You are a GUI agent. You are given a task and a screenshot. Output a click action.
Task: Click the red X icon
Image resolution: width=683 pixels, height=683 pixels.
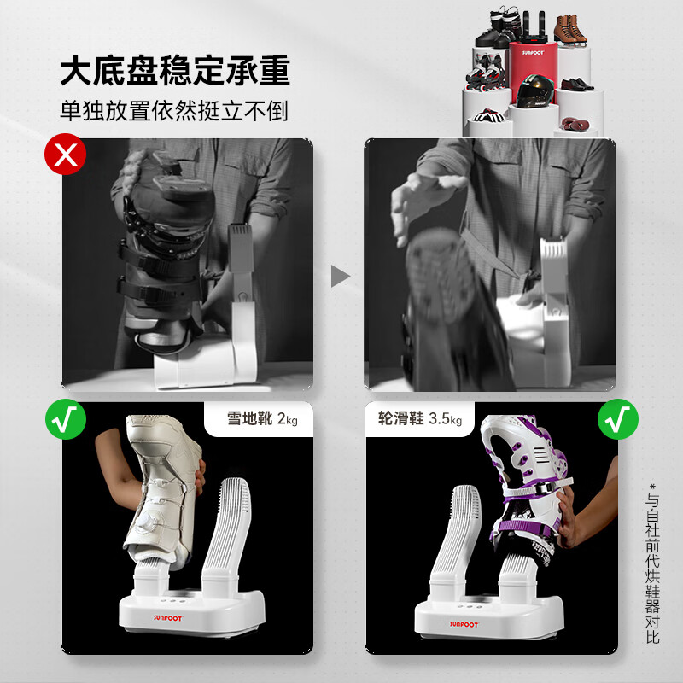coord(66,155)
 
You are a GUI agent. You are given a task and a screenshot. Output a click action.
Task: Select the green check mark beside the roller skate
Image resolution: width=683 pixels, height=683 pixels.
coord(619,418)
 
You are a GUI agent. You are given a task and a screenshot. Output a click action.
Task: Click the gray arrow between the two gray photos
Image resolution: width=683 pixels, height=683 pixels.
coord(341,276)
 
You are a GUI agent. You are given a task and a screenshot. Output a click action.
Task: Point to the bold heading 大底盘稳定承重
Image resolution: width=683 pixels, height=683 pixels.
coord(175,72)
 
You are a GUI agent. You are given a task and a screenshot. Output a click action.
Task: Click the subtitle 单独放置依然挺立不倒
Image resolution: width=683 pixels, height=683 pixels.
coord(174,111)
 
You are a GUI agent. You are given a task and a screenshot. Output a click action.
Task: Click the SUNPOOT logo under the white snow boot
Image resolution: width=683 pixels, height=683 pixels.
coord(150,608)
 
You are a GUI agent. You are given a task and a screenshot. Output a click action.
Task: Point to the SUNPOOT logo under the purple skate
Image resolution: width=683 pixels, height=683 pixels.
coord(464,623)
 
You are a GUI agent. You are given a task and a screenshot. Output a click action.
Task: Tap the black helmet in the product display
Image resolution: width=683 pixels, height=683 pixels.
coord(534,89)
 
